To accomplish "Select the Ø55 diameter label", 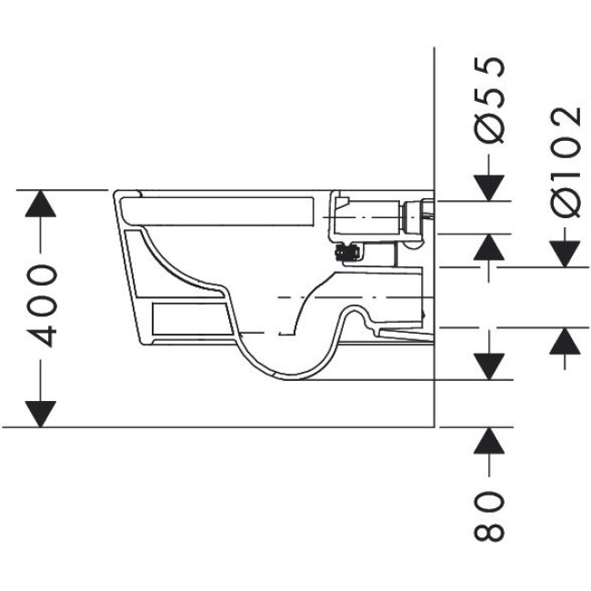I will pos(490,100).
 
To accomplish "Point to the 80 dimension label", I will pos(490,516).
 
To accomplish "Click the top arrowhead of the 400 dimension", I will pos(38,205).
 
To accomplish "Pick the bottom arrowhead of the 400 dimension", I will pos(38,412).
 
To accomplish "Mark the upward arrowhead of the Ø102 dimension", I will pos(566,342).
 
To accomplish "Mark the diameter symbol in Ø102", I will pos(566,201).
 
